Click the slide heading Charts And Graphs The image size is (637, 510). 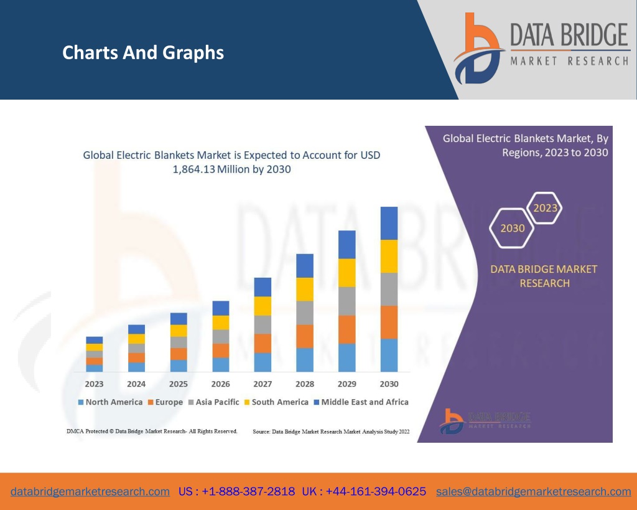coord(143,53)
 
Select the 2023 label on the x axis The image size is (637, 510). coord(95,384)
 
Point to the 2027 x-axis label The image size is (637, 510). coord(263,384)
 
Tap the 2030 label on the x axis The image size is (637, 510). coord(389,384)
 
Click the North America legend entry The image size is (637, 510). coord(110,402)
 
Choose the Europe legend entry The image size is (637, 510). coord(165,402)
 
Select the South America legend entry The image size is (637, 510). coord(276,402)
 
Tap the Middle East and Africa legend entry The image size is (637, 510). coord(361,402)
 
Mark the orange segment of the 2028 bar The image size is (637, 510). coord(305,336)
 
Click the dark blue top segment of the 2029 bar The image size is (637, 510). coord(346,244)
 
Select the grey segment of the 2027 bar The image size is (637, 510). coord(263,324)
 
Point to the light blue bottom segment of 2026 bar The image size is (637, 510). coord(221,364)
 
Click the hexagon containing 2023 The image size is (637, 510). coord(545,208)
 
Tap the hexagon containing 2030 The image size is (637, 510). coord(513,228)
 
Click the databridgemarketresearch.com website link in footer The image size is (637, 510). coord(90,491)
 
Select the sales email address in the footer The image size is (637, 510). coord(533,491)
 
